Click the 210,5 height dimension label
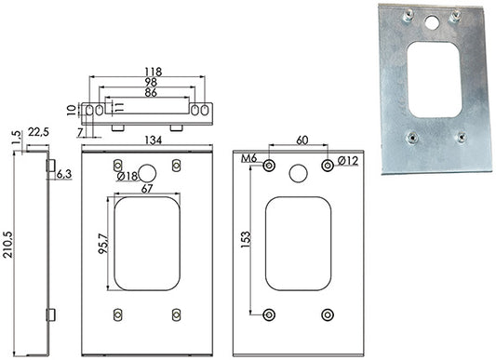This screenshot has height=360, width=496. [x=7, y=245]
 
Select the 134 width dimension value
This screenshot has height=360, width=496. [x=154, y=140]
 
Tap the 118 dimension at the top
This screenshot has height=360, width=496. [x=154, y=72]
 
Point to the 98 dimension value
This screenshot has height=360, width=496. [x=151, y=82]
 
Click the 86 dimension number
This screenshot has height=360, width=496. [x=151, y=93]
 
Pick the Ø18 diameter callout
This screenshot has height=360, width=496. [x=127, y=176]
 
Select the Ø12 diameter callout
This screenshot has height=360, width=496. [x=348, y=161]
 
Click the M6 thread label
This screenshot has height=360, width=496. [x=249, y=158]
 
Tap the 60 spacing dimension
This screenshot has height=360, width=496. [x=302, y=140]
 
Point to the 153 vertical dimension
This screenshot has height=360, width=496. [x=246, y=239]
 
